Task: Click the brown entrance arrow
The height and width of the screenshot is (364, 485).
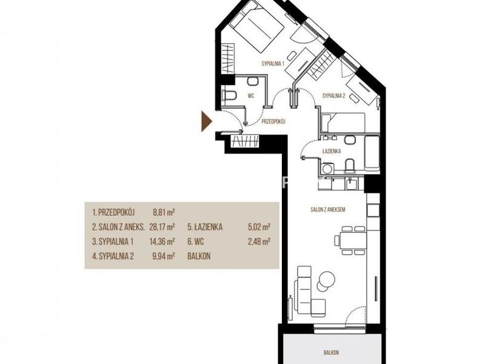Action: [206, 121]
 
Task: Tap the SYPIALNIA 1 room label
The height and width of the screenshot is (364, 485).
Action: [273, 64]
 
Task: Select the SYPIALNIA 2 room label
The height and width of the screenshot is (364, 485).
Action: [334, 96]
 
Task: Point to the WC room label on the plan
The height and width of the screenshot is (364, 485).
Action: [251, 96]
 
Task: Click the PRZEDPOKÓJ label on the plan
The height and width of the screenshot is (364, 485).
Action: [273, 122]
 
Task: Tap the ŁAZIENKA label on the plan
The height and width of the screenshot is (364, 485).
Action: [332, 151]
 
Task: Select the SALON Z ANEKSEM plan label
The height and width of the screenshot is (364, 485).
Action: [328, 209]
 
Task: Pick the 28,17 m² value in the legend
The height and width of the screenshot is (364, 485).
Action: [162, 227]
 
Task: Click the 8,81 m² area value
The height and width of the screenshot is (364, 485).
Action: [164, 212]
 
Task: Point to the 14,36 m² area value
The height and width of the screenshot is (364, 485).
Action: [162, 241]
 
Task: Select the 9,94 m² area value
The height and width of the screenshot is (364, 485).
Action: [164, 256]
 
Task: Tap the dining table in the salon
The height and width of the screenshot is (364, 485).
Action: [353, 240]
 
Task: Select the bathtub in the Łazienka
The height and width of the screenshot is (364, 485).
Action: [372, 153]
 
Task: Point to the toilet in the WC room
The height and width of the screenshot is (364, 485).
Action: [230, 96]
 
